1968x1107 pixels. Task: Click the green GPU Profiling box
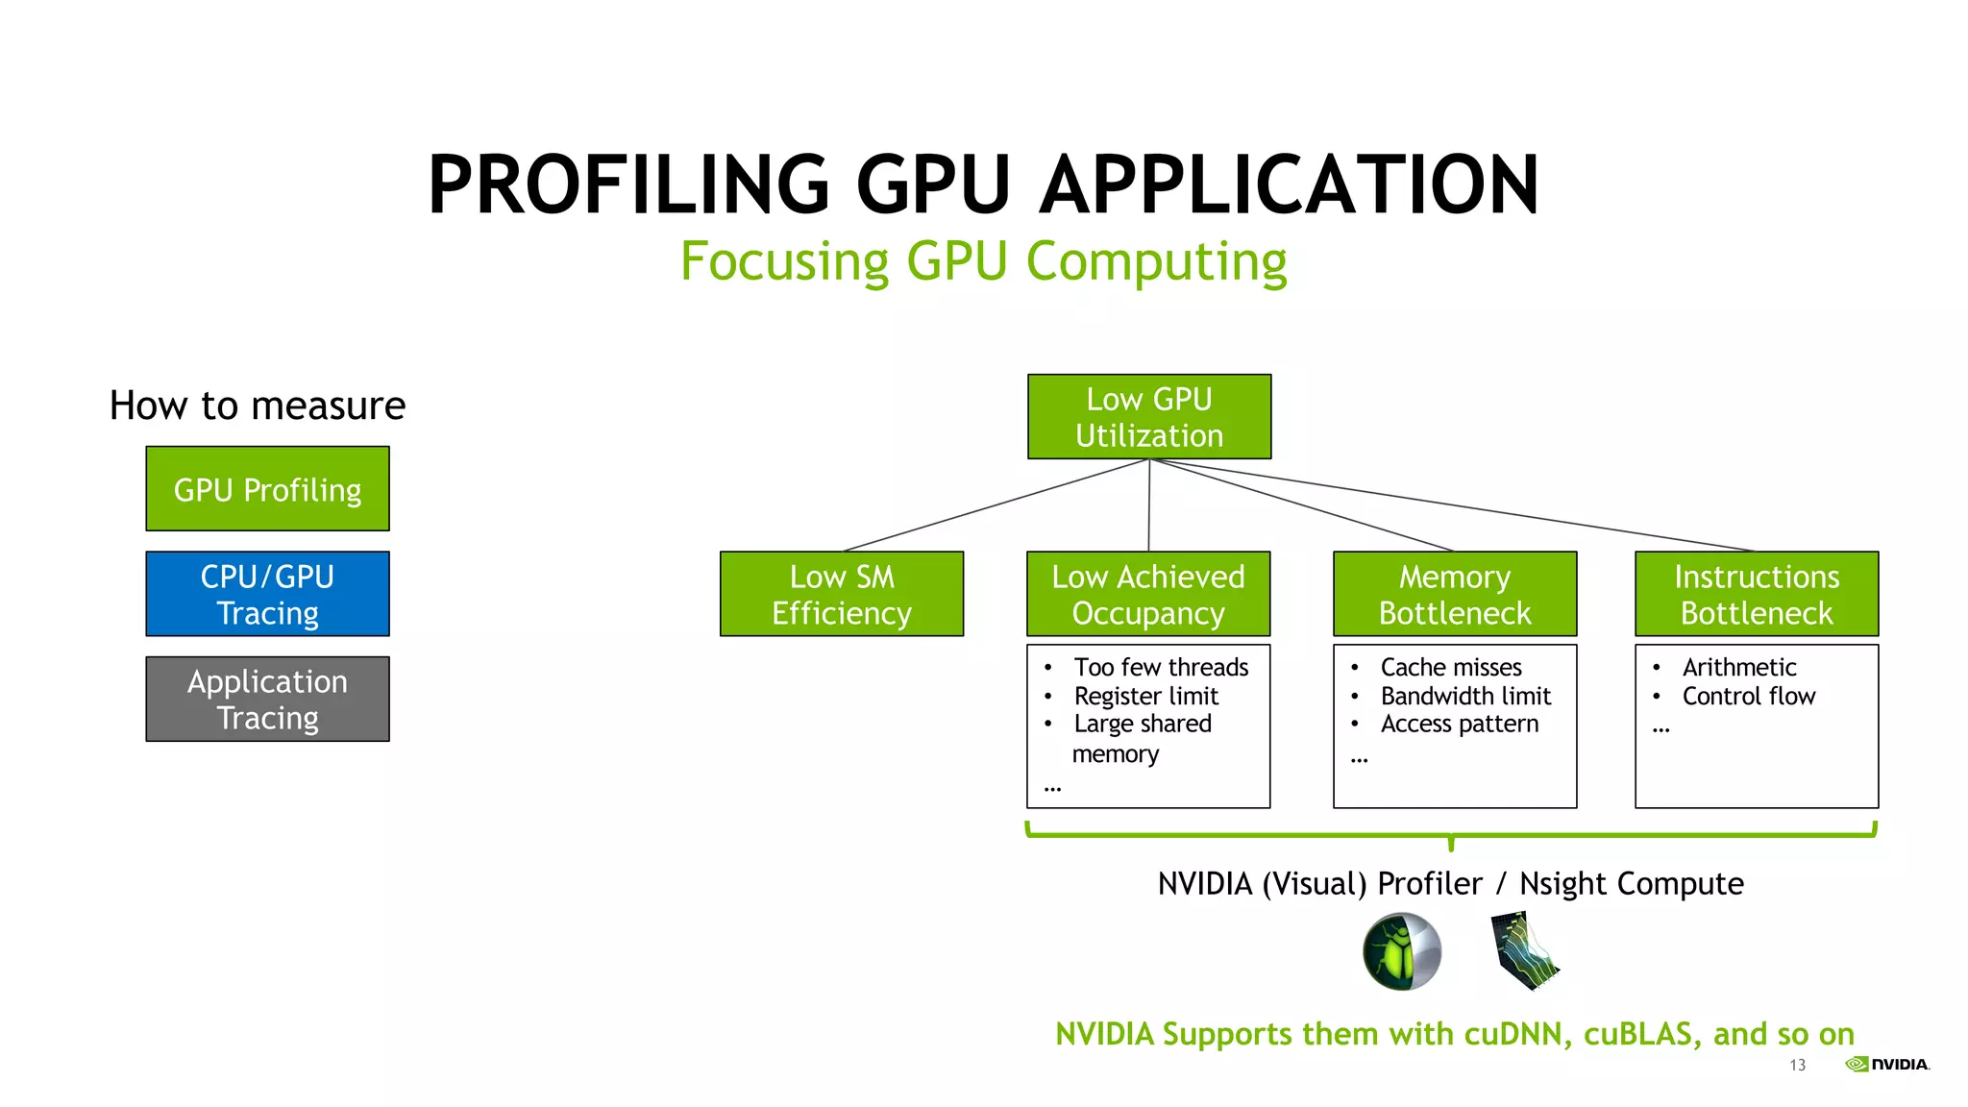point(267,488)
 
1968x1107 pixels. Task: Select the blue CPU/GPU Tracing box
point(267,594)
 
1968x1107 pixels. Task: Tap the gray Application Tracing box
point(267,699)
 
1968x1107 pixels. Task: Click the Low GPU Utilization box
point(1149,417)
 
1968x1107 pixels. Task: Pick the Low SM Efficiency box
point(842,594)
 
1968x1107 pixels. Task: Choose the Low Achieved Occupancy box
point(1148,594)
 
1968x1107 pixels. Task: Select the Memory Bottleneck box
point(1455,594)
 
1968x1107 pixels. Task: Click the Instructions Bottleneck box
point(1757,594)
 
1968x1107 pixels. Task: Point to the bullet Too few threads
point(1161,667)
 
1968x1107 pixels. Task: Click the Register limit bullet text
point(1145,696)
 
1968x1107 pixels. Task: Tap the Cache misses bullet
point(1451,667)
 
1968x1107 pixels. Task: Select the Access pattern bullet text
point(1459,724)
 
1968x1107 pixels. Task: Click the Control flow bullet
point(1748,696)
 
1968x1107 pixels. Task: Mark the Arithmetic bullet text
point(1738,667)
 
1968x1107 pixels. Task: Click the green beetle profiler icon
point(1402,951)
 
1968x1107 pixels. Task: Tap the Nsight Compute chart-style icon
point(1525,951)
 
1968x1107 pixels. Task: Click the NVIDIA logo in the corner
point(1887,1064)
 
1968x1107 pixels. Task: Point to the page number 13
point(1797,1065)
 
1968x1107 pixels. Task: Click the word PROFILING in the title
point(628,184)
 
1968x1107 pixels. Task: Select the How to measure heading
point(258,406)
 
